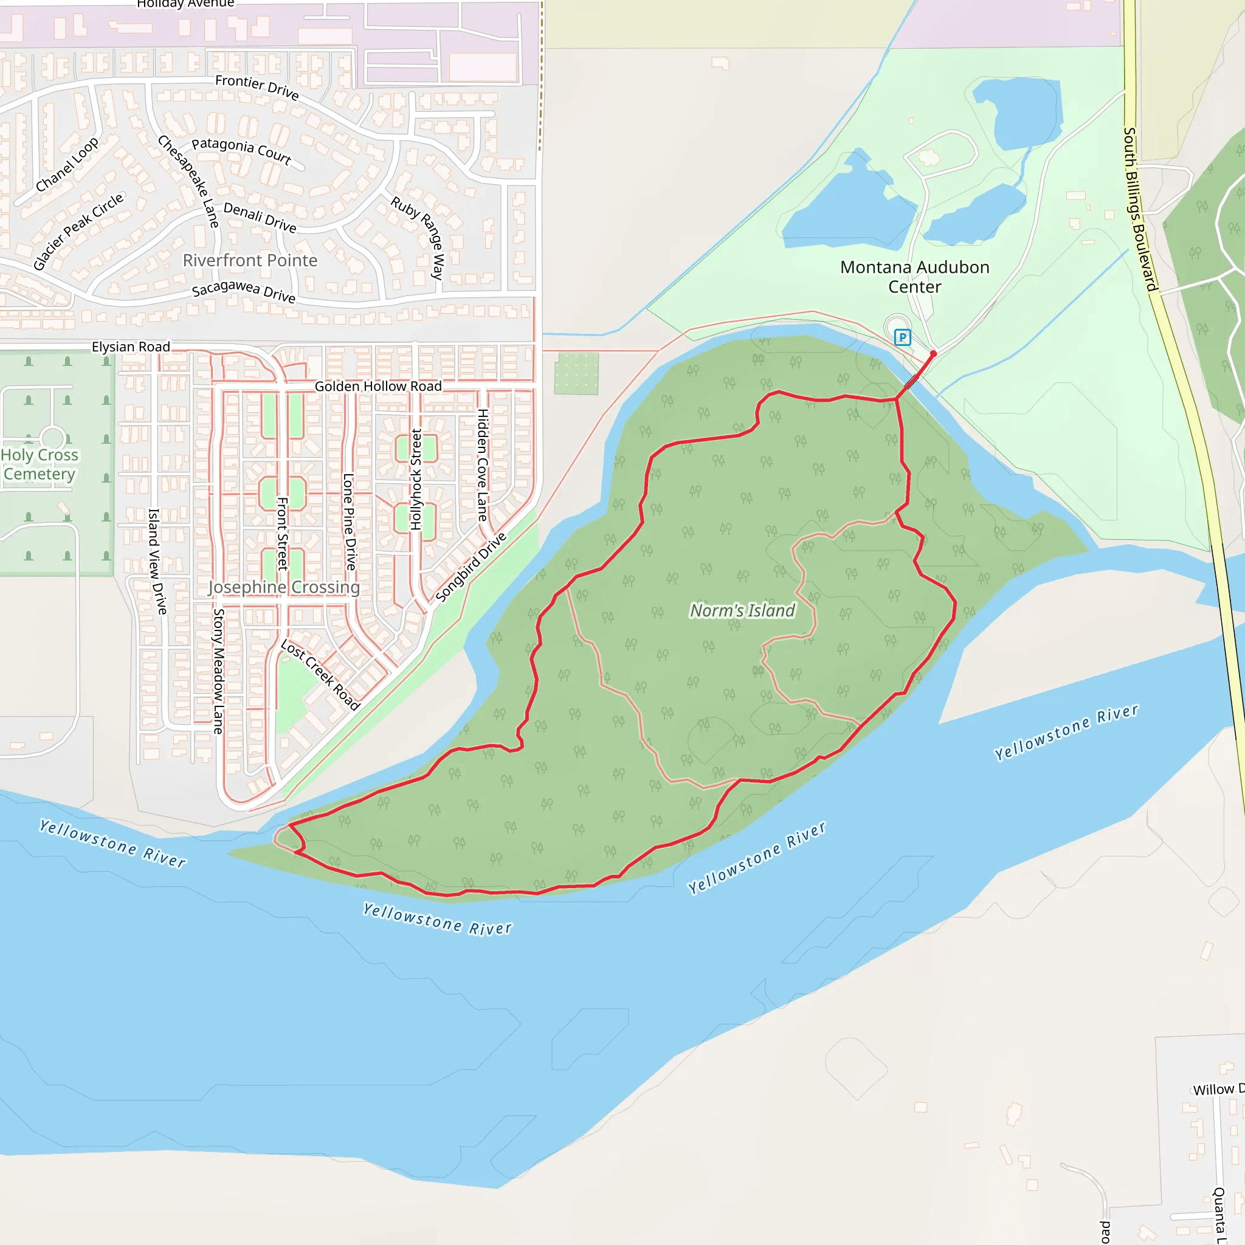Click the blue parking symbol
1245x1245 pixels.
coord(902,337)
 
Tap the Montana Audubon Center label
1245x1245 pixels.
coord(914,277)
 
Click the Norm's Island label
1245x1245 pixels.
coord(742,610)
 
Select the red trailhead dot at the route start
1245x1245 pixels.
coord(933,354)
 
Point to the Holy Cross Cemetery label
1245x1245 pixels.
coord(40,464)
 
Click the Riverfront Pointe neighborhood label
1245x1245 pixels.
coord(250,260)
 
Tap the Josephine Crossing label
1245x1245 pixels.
coord(283,587)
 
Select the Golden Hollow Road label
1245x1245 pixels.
coord(378,386)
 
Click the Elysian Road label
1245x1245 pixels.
coord(131,347)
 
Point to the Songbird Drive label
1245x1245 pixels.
coord(471,567)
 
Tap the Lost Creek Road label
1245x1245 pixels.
coord(320,675)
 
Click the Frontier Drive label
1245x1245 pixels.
coord(257,88)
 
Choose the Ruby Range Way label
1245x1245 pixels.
coord(418,237)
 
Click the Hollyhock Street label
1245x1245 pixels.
coord(416,480)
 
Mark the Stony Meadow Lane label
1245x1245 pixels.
coord(218,671)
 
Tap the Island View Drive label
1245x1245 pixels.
coord(157,560)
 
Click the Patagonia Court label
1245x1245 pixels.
coord(242,151)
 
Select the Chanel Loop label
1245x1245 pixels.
coord(67,164)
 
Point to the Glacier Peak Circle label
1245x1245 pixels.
coord(78,232)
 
